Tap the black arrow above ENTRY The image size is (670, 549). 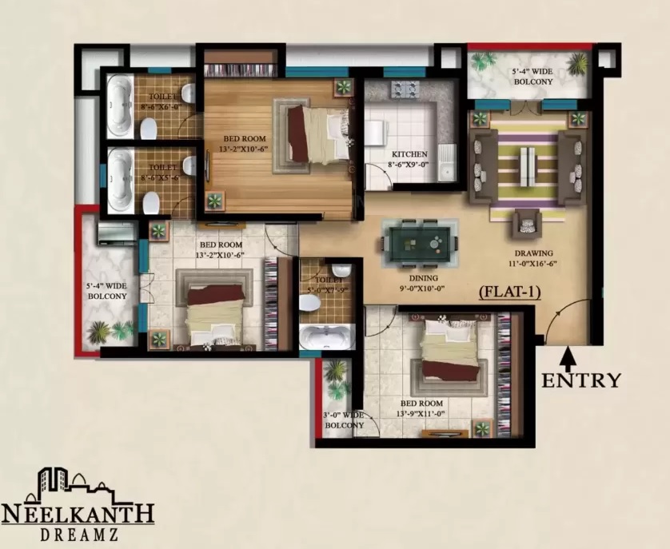pyautogui.click(x=567, y=353)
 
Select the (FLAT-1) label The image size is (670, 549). pyautogui.click(x=509, y=292)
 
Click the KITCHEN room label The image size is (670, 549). pyautogui.click(x=409, y=154)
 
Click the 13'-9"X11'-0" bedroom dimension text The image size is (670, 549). pyautogui.click(x=421, y=414)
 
